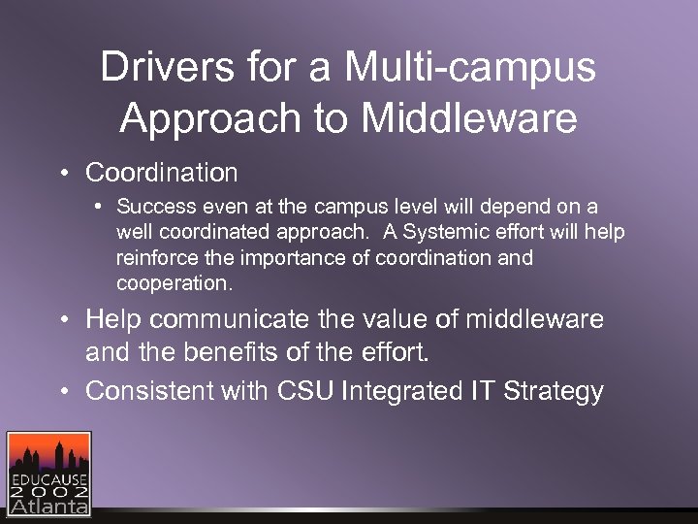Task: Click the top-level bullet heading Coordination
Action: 161,173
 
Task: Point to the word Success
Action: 151,207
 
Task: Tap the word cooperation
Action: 174,283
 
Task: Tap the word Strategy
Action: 556,391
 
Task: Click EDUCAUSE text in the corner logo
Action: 48,478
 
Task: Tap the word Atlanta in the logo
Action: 48,506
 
